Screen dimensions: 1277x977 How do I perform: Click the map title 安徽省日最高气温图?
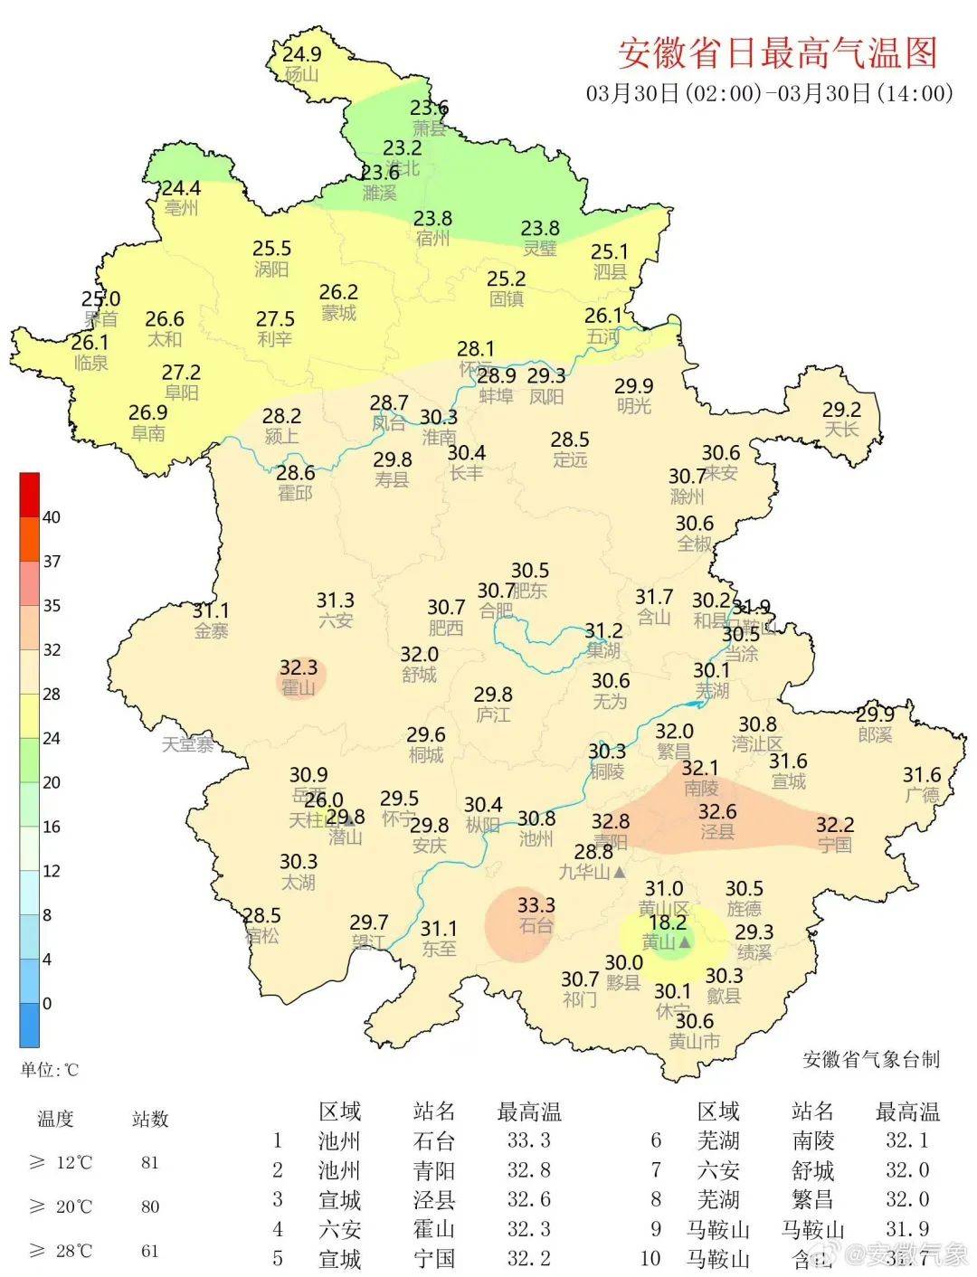[x=777, y=53]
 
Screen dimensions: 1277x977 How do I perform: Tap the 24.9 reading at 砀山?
[x=302, y=54]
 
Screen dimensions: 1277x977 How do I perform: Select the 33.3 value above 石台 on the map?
[x=536, y=904]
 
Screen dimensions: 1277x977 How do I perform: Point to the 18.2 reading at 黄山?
[x=668, y=922]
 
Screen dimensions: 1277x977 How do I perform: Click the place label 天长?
[x=841, y=429]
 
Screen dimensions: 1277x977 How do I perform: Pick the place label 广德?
[x=922, y=795]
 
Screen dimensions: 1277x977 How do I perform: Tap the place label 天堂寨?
[x=188, y=745]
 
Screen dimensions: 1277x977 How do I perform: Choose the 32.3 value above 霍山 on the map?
[x=298, y=667]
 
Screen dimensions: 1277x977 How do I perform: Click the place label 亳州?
[x=181, y=208]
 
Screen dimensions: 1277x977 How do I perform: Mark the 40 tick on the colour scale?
[x=52, y=517]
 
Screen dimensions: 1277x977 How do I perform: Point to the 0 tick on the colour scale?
[x=47, y=1003]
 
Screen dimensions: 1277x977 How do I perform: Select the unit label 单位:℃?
[x=50, y=1070]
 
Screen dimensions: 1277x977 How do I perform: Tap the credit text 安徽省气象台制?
[x=871, y=1059]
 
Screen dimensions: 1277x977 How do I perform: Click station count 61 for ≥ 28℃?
[x=150, y=1252]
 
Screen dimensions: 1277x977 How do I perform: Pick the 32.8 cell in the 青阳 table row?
[x=528, y=1170]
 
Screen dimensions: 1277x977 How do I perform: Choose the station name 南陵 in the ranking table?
[x=813, y=1140]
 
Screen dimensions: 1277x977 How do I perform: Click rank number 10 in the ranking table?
[x=651, y=1258]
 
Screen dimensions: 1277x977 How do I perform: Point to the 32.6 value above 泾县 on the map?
[x=717, y=811]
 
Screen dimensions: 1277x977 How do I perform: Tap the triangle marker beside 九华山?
[x=620, y=873]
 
